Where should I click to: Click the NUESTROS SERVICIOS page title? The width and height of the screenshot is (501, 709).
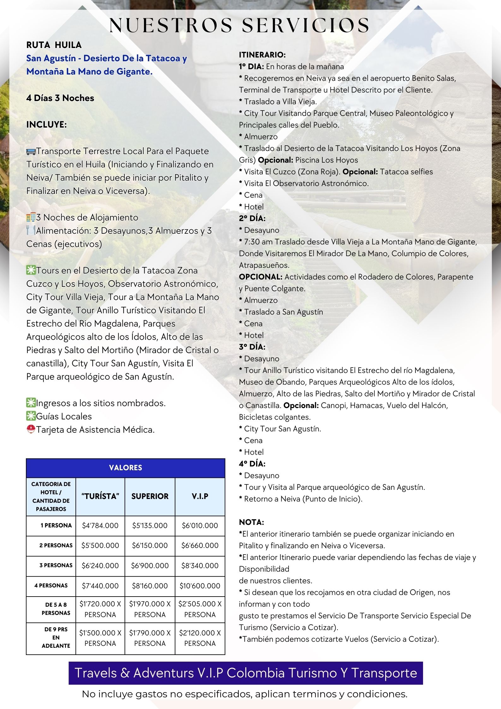click(x=240, y=26)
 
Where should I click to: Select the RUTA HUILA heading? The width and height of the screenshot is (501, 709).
click(x=54, y=45)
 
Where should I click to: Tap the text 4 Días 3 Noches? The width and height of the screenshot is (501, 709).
click(x=60, y=98)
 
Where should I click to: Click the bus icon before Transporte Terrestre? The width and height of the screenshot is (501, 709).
click(x=31, y=152)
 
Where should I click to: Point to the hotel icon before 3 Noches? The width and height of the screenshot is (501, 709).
click(x=31, y=218)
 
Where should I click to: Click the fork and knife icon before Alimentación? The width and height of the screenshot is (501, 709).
click(x=31, y=231)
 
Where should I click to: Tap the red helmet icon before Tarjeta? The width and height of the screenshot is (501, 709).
click(x=31, y=430)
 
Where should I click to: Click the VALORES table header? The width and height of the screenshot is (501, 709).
click(x=125, y=468)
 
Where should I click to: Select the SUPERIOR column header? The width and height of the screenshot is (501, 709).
click(x=150, y=496)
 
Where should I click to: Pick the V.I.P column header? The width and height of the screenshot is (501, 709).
click(x=200, y=496)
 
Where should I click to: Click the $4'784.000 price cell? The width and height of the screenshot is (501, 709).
click(x=100, y=526)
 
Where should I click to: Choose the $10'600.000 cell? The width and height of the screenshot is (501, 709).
click(x=200, y=586)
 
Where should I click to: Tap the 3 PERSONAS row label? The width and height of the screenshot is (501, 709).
click(x=56, y=565)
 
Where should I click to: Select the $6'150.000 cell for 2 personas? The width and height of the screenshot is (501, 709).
click(x=150, y=545)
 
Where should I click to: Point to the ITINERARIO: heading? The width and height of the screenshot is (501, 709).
click(x=262, y=55)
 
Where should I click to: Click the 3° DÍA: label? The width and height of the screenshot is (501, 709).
click(x=252, y=347)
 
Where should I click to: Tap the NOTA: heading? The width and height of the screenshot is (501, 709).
click(x=251, y=522)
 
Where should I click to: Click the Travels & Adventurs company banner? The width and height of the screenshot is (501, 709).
click(x=246, y=673)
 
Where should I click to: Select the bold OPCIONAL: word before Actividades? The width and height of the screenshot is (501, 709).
click(x=260, y=277)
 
